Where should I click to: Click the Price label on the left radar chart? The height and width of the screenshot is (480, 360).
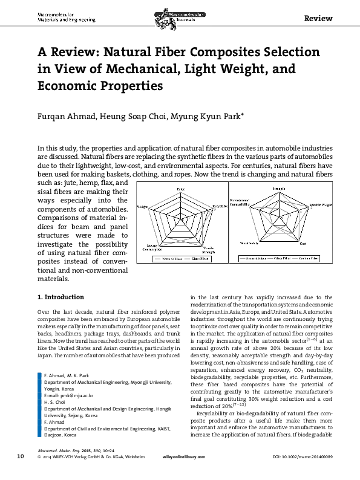click(x=181, y=190)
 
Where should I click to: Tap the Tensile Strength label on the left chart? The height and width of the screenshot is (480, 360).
click(x=209, y=249)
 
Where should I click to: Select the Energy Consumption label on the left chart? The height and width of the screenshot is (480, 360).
click(x=152, y=248)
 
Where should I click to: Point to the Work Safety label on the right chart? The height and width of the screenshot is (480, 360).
click(x=248, y=243)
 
